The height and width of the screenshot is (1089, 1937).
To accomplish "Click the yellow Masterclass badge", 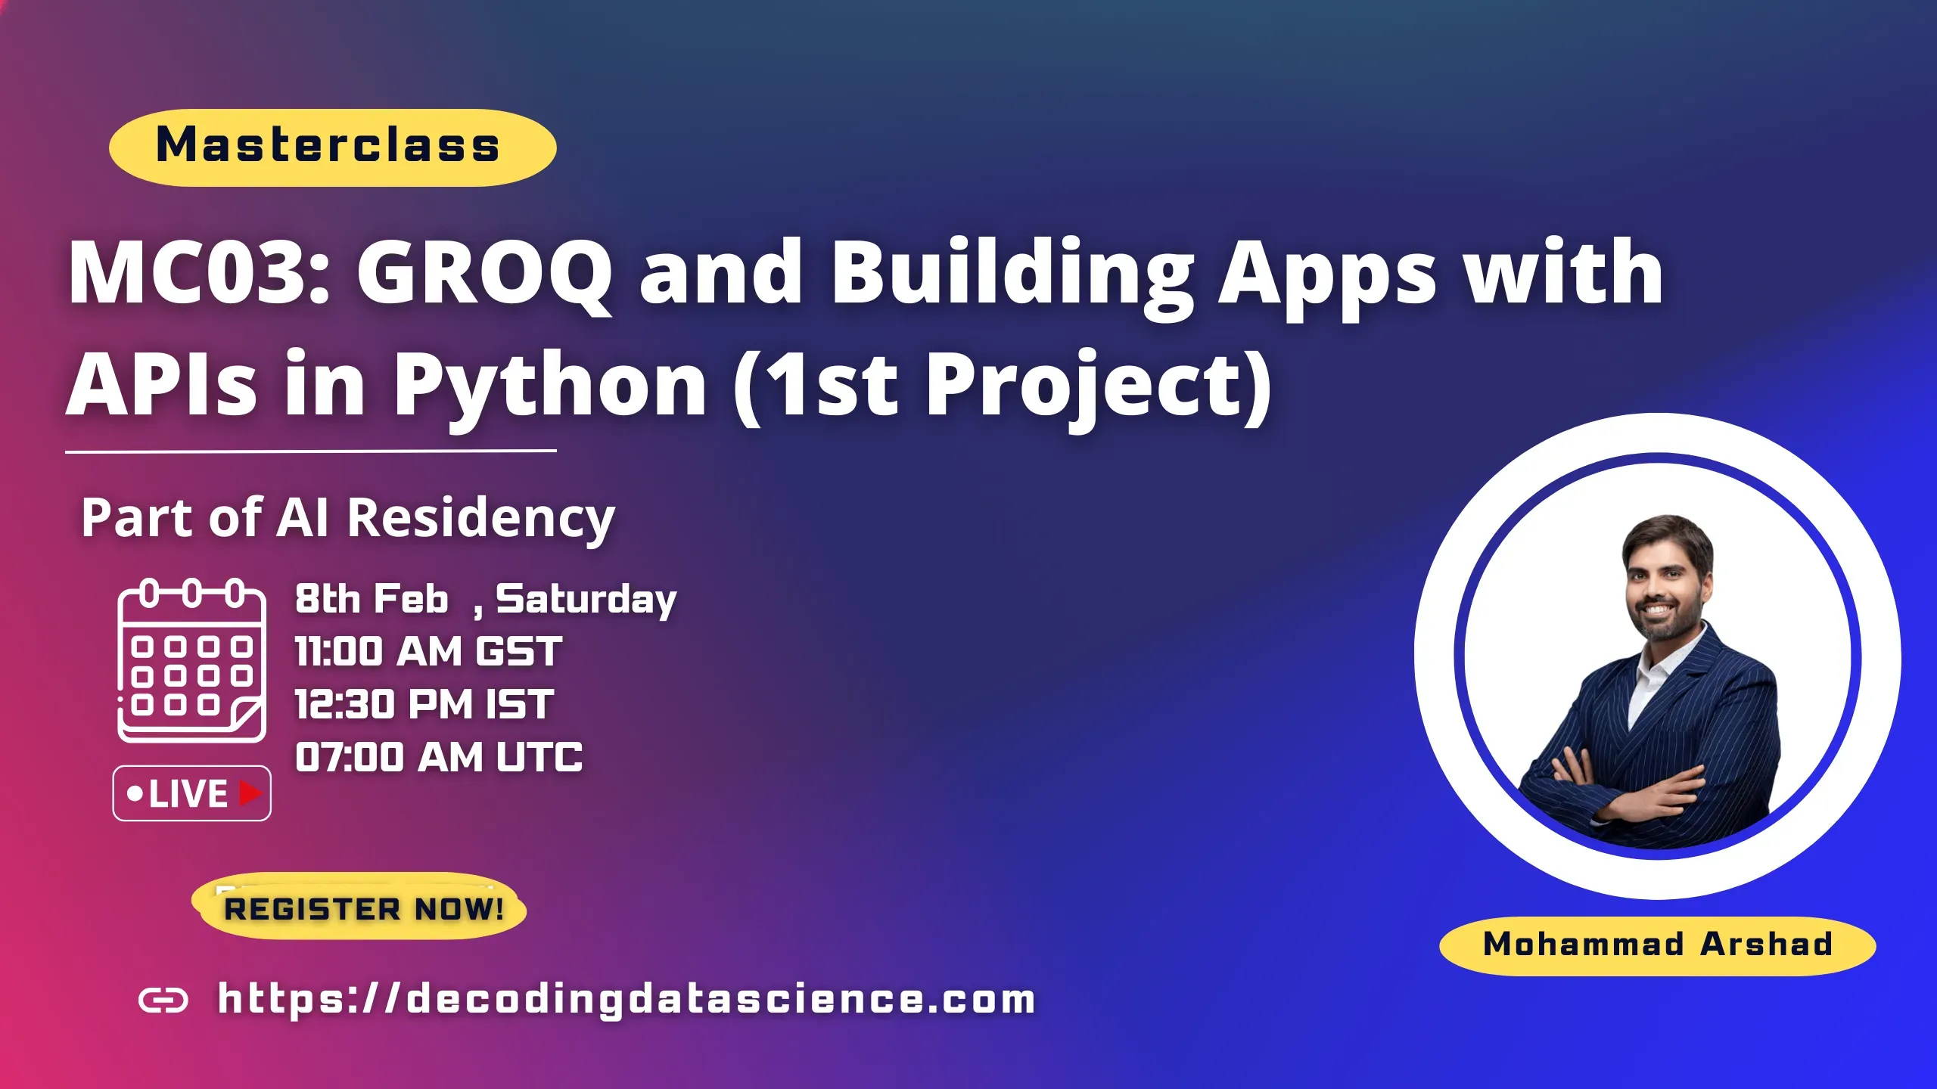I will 332,147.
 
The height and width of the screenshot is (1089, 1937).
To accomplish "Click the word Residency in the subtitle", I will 480,519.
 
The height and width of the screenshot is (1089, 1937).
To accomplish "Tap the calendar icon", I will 191,660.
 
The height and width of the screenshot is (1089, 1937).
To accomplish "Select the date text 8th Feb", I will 372,599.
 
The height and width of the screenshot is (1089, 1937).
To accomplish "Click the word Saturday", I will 586,600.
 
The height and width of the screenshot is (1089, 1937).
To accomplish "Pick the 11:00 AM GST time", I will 428,651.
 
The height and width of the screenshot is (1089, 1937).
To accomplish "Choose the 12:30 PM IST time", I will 424,704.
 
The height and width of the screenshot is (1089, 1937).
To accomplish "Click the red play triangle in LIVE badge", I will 250,793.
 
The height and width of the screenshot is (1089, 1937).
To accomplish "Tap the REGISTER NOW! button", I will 362,908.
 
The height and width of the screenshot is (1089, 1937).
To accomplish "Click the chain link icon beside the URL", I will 163,1001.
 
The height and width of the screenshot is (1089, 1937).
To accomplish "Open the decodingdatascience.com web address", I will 626,999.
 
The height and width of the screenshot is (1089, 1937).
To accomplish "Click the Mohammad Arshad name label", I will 1657,945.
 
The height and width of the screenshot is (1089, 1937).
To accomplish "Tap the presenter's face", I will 1665,586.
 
